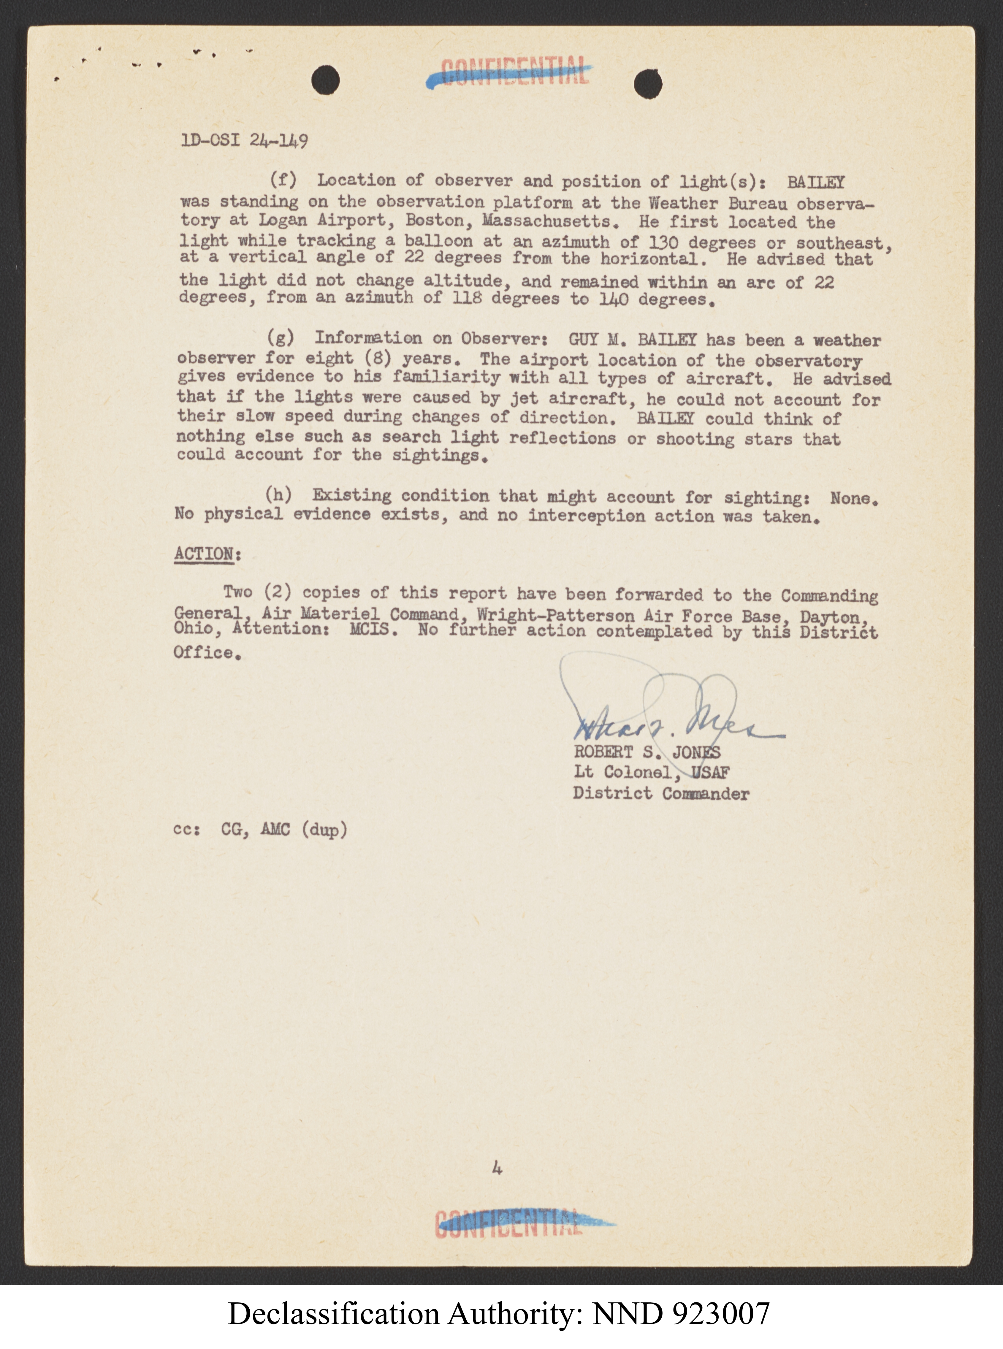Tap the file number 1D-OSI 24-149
[x=244, y=141]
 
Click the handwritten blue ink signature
[x=668, y=716]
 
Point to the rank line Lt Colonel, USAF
[x=652, y=773]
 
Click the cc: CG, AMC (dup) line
[x=260, y=829]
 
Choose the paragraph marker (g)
[x=281, y=337]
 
